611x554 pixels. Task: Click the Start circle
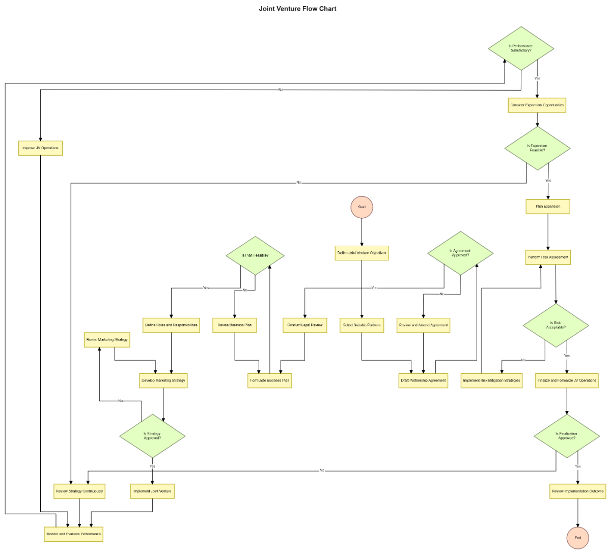(362, 207)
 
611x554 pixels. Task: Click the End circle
(577, 538)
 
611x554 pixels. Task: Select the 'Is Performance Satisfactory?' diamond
(521, 48)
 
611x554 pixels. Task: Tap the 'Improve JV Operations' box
(40, 148)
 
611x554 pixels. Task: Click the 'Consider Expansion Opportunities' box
(537, 105)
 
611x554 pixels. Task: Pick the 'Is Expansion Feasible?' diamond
(537, 148)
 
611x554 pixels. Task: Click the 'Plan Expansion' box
(547, 207)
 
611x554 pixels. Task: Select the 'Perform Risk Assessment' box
(548, 257)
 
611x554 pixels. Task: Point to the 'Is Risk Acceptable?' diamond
(556, 325)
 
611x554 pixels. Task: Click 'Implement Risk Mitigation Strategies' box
(491, 381)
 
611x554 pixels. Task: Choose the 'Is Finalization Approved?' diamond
(566, 436)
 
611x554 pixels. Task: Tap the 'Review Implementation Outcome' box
(577, 491)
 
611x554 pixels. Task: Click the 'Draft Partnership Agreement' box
(423, 381)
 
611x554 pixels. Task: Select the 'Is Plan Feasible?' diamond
(255, 255)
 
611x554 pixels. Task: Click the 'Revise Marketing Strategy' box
(107, 340)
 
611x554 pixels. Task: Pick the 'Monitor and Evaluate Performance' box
(73, 534)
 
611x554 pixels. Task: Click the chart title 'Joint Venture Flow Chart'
(297, 9)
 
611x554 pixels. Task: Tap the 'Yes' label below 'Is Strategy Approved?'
(152, 466)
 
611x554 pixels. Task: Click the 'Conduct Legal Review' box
(304, 325)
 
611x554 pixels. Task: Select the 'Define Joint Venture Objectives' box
(362, 253)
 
